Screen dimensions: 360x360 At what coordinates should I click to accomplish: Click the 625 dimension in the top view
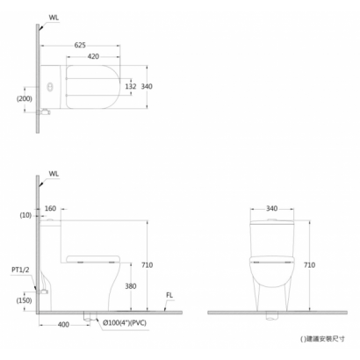click(x=80, y=45)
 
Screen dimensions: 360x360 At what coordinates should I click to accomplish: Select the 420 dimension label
click(x=93, y=56)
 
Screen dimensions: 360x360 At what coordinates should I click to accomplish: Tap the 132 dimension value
click(x=131, y=86)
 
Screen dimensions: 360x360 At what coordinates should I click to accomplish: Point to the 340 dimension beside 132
click(x=147, y=86)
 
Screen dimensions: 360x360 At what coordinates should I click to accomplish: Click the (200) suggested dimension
click(x=24, y=98)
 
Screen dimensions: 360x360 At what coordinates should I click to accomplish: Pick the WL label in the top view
click(x=54, y=18)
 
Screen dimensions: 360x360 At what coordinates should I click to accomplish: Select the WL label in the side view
click(x=54, y=174)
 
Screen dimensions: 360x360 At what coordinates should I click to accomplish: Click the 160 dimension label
click(x=50, y=208)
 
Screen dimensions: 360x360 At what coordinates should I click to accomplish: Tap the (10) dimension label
click(x=25, y=215)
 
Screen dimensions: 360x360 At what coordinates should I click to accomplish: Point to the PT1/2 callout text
click(x=20, y=270)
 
